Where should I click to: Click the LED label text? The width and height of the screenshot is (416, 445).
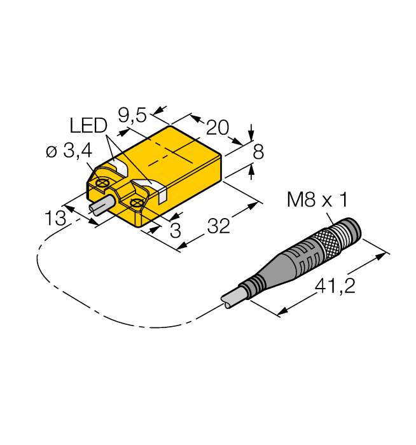(x=88, y=125)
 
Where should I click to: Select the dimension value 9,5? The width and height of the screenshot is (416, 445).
(x=132, y=114)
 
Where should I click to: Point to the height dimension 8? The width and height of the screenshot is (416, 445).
(x=258, y=152)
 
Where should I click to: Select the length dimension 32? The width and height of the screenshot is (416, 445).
(x=218, y=226)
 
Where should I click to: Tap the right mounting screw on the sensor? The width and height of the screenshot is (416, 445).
(x=135, y=203)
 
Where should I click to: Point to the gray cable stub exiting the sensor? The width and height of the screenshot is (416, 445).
(x=102, y=207)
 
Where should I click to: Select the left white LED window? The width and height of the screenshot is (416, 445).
(x=118, y=167)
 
